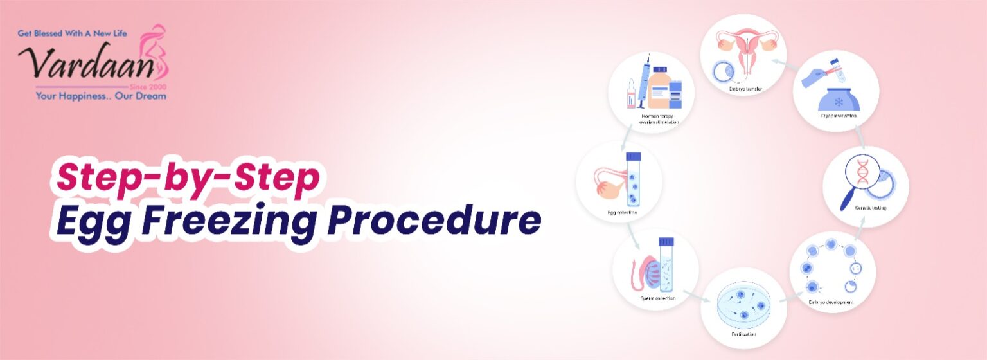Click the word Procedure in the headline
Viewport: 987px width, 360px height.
click(434, 221)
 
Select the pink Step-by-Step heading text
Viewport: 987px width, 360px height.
click(188, 179)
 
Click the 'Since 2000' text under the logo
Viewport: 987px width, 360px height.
click(148, 86)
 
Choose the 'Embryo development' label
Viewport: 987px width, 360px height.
click(831, 302)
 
